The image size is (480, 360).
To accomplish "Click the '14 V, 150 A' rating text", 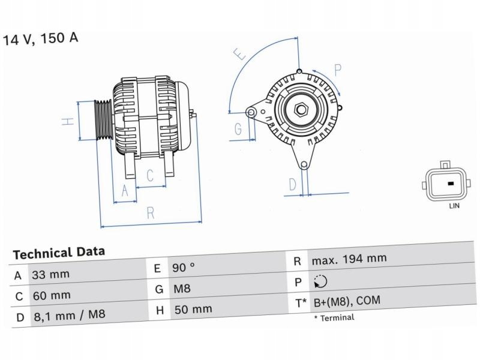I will pyautogui.click(x=41, y=39).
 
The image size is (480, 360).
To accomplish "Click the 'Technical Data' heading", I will pyautogui.click(x=59, y=253).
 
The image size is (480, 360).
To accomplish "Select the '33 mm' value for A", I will pyautogui.click(x=50, y=275).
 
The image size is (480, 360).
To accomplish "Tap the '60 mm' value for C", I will pyautogui.click(x=51, y=295).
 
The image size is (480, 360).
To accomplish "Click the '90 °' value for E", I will pyautogui.click(x=184, y=268).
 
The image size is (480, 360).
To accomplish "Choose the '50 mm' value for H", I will pyautogui.click(x=193, y=310).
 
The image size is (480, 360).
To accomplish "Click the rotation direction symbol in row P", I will pyautogui.click(x=320, y=281).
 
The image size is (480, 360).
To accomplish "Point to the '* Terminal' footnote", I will pyautogui.click(x=334, y=317).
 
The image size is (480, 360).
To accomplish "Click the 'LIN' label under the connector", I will pyautogui.click(x=454, y=206).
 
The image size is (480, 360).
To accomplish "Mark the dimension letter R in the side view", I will pyautogui.click(x=151, y=212).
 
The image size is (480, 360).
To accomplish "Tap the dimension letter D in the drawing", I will pyautogui.click(x=292, y=184).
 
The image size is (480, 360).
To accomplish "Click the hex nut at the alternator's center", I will pyautogui.click(x=301, y=110).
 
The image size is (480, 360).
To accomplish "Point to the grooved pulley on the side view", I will pyautogui.click(x=102, y=119).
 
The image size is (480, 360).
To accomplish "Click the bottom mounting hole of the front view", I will pyautogui.click(x=304, y=165).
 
